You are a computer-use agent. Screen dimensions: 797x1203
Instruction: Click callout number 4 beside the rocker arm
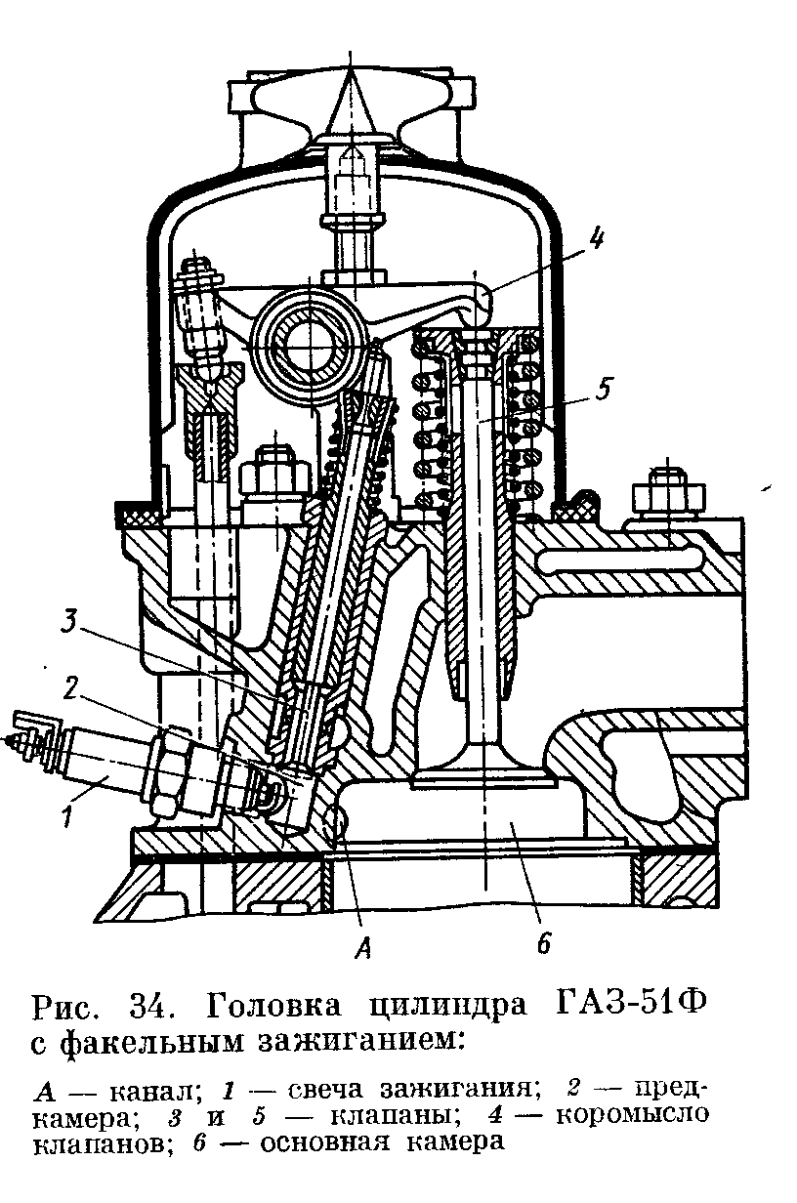point(595,237)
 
